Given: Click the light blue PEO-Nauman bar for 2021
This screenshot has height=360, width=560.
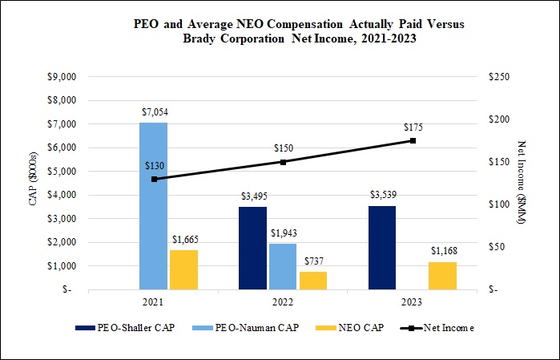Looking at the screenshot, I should [153, 206].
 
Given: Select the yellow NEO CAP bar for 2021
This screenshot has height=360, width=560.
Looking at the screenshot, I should [183, 269].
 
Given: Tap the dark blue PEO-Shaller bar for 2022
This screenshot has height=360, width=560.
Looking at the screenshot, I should [252, 248].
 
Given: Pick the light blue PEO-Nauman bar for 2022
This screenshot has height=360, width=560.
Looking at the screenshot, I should [283, 266].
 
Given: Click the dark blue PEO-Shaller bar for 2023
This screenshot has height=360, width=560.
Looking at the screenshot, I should [382, 248].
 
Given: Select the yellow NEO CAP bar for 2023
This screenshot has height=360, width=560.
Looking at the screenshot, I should [442, 275].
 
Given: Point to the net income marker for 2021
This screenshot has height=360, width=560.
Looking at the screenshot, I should [154, 179].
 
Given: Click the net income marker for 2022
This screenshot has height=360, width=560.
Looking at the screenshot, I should [283, 162].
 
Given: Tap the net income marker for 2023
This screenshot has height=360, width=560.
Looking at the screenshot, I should [413, 140].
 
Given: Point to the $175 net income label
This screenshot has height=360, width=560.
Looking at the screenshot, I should [413, 127].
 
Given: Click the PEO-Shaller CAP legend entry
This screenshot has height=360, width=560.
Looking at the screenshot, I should [125, 327].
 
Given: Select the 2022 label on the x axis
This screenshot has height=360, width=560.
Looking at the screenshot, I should [283, 301].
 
